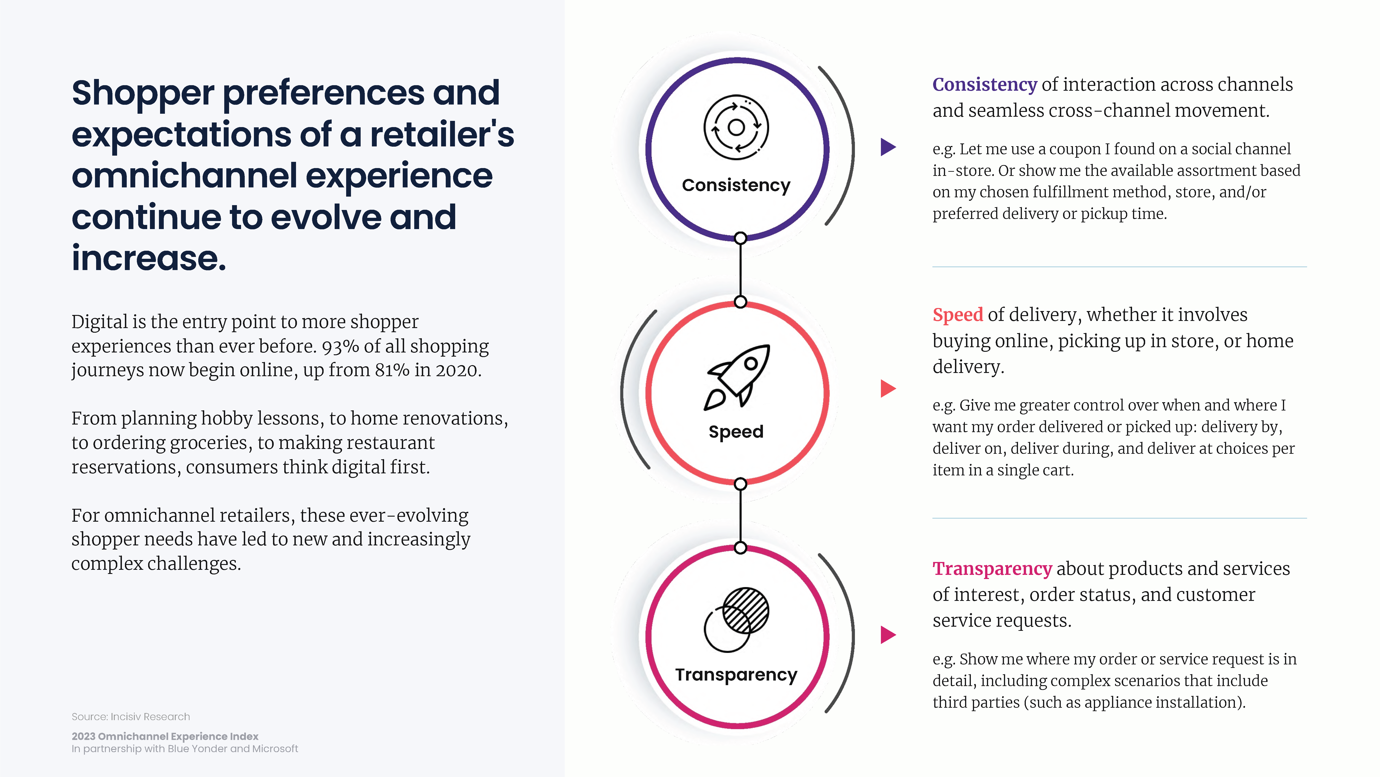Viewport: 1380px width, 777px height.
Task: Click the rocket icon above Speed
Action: pos(737,377)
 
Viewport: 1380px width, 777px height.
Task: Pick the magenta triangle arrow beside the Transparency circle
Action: pos(888,635)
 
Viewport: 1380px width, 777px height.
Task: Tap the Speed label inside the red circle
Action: pos(736,432)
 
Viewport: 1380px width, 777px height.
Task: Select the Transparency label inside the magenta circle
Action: pos(736,675)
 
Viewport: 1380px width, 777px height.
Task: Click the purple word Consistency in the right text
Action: pos(985,85)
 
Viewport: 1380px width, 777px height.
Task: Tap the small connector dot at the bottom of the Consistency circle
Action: pos(740,238)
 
